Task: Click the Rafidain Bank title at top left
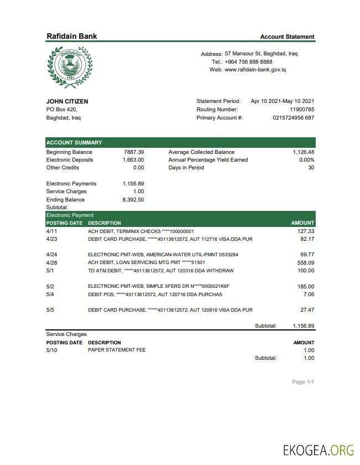pos(71,36)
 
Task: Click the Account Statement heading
pos(287,37)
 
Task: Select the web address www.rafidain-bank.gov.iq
pos(255,70)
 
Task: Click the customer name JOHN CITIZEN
pos(67,101)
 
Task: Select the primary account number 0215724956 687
pos(294,118)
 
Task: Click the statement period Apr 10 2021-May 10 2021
pos(282,101)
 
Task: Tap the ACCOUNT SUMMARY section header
pos(74,142)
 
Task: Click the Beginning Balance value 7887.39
pos(133,152)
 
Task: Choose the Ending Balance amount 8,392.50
pos(133,200)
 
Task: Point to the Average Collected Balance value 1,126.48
pos(304,152)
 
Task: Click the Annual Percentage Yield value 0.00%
pos(306,160)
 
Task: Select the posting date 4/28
pos(52,262)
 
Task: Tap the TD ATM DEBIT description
pos(161,271)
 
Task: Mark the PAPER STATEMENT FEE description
pos(117,350)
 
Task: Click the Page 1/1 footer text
pos(303,382)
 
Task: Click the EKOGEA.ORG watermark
pos(317,450)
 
